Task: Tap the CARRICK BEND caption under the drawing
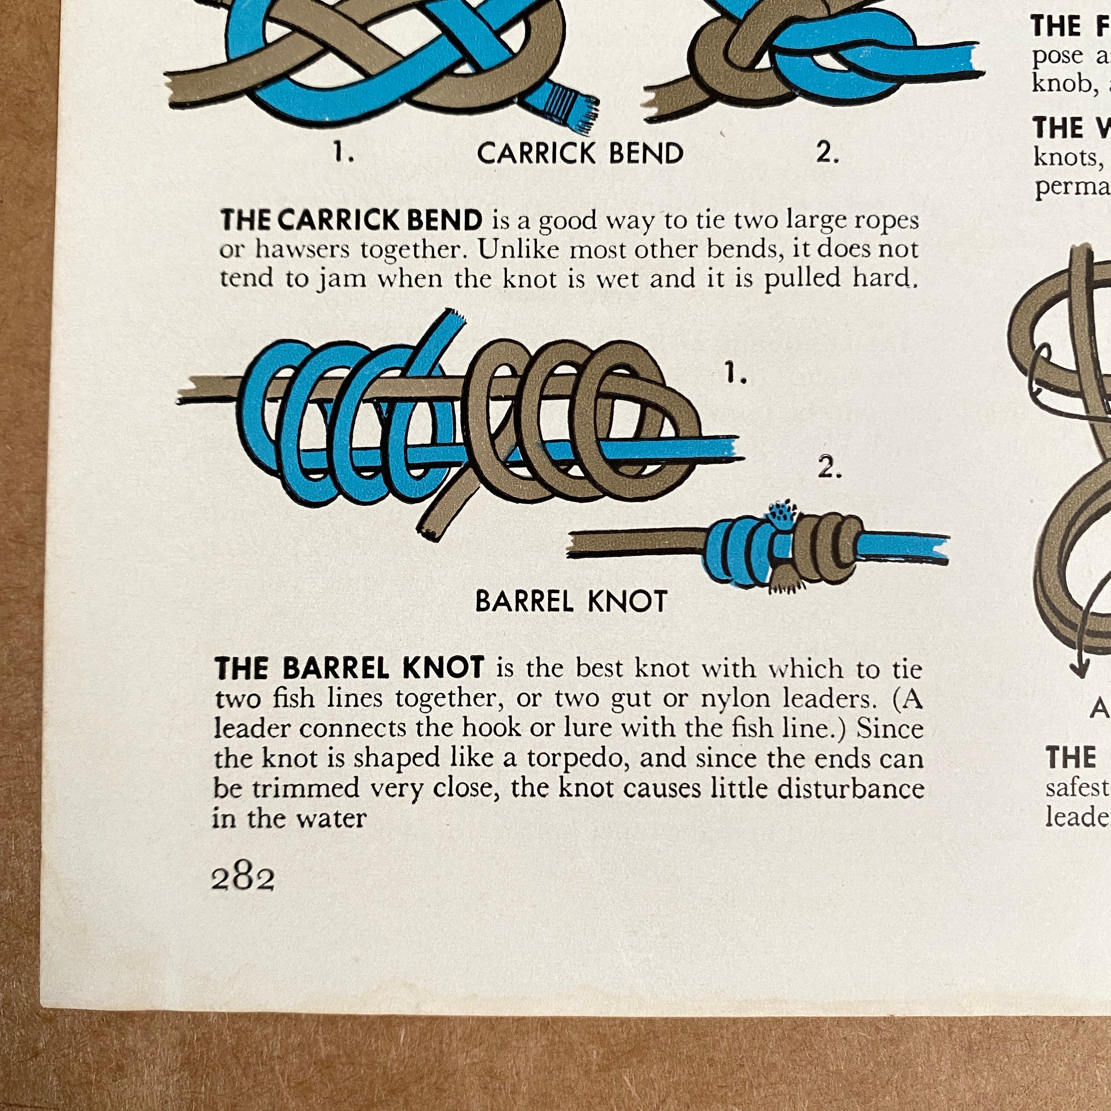[x=580, y=154]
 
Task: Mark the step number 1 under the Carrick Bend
[x=343, y=154]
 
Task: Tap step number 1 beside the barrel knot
[x=735, y=376]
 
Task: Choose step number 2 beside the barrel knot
[x=829, y=469]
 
